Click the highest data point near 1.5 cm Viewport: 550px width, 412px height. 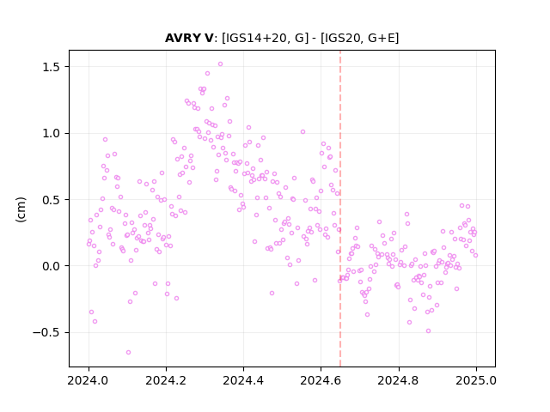click(220, 64)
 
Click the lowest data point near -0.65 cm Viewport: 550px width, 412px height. click(128, 352)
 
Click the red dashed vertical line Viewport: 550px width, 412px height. click(340, 209)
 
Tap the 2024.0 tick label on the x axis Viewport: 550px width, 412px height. click(89, 380)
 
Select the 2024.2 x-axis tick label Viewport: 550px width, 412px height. click(166, 380)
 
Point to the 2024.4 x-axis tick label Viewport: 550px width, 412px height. click(243, 380)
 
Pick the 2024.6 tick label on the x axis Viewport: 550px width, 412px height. click(321, 380)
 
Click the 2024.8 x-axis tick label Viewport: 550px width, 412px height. click(399, 380)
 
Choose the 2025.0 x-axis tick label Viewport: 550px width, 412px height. click(476, 380)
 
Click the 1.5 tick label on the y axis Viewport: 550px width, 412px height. click(52, 67)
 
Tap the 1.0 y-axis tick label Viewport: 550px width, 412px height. click(52, 134)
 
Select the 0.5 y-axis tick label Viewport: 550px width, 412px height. click(52, 200)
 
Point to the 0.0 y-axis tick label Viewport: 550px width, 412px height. click(52, 266)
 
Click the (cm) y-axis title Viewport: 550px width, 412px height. click(21, 209)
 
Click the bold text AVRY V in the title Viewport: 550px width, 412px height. click(189, 38)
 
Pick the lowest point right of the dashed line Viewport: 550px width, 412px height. click(428, 330)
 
